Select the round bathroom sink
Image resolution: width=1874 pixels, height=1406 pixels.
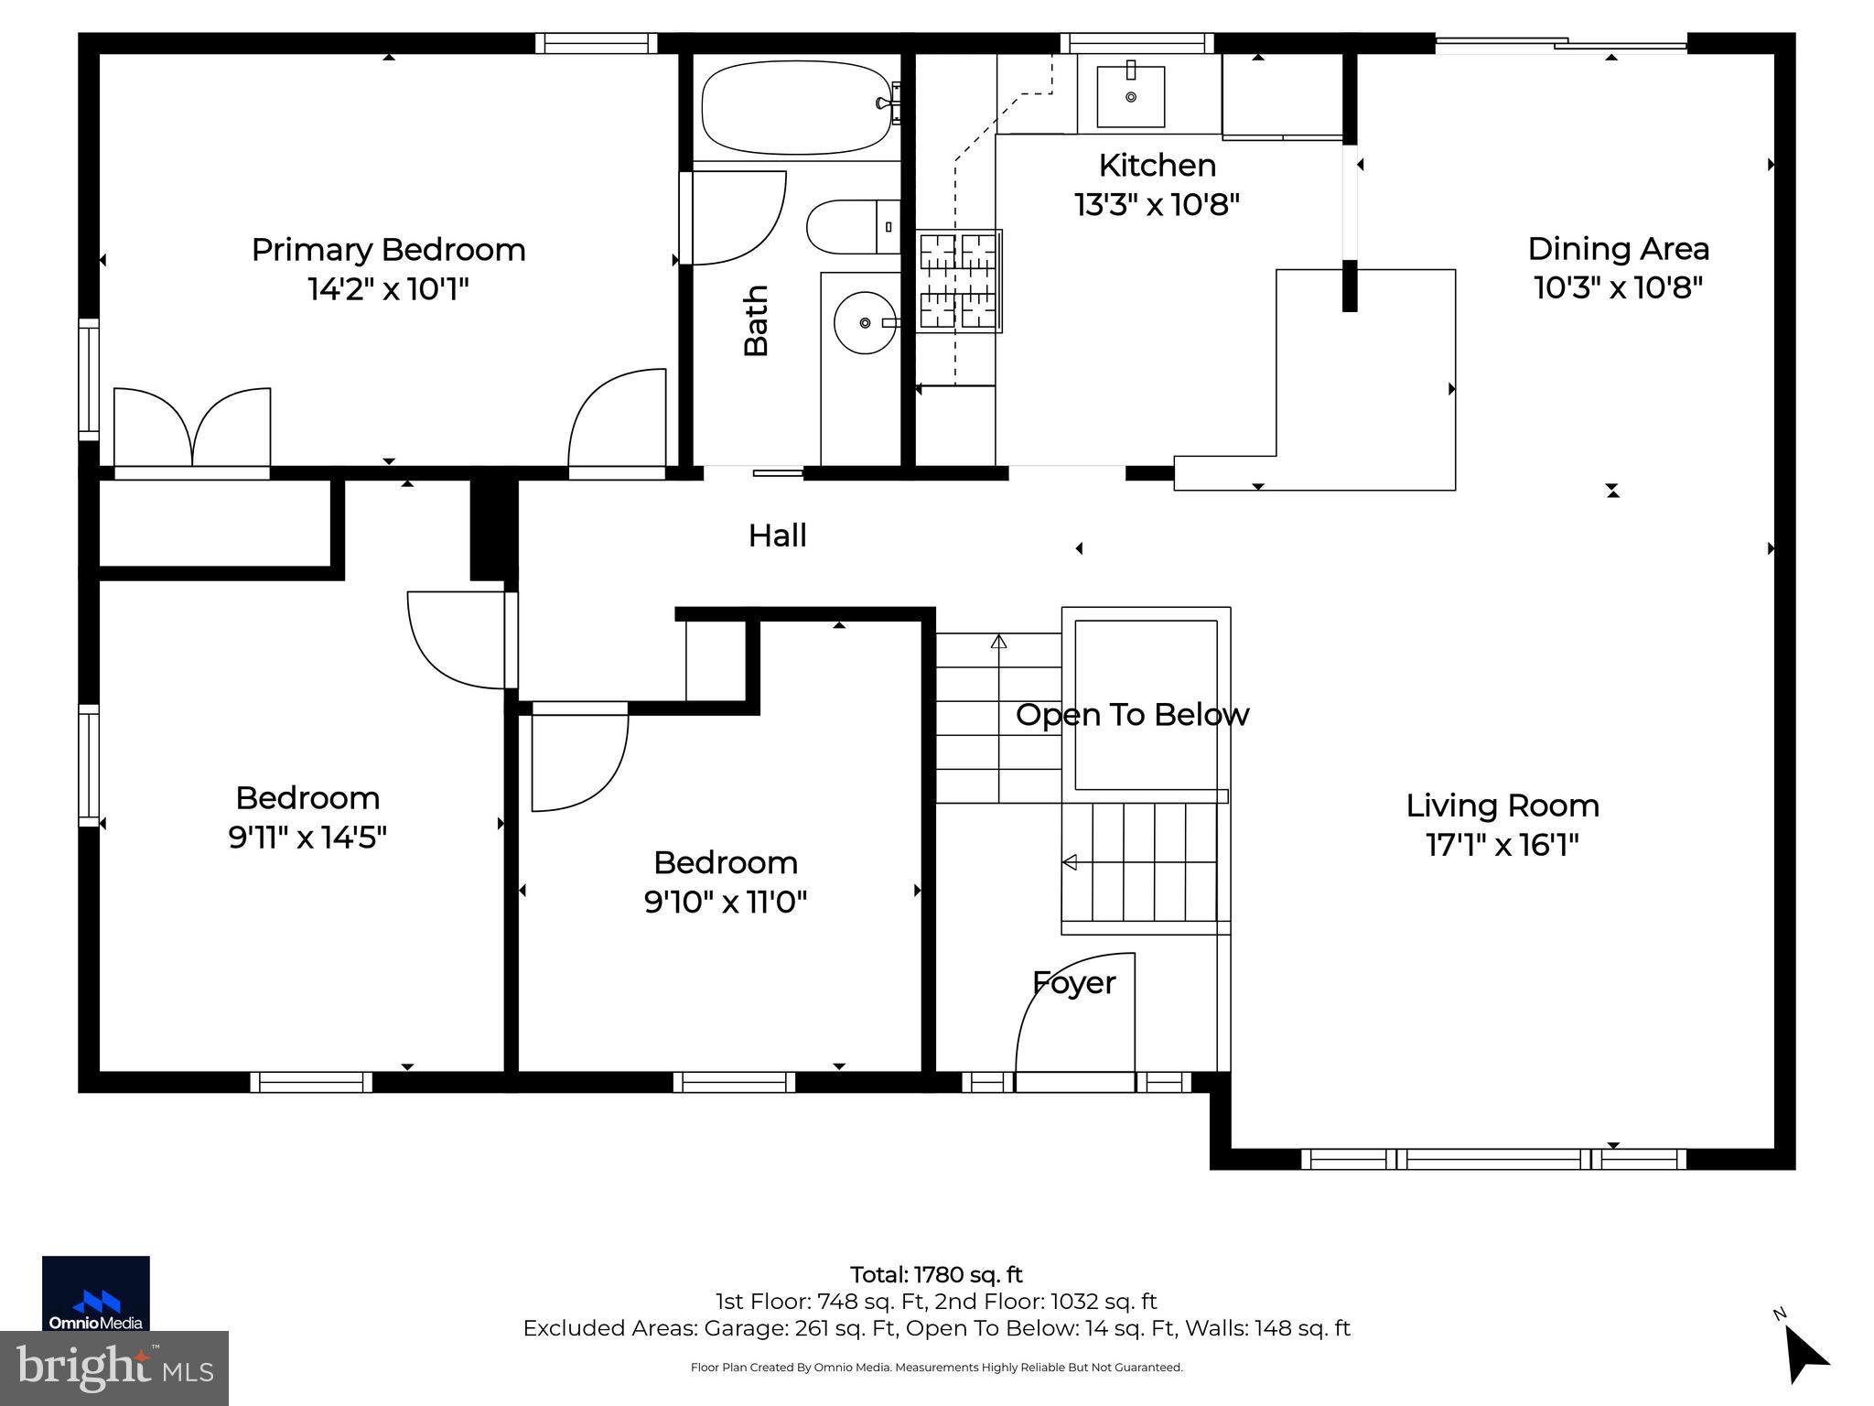865,322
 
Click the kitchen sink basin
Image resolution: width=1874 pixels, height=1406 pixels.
1131,96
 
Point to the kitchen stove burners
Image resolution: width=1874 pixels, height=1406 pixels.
958,280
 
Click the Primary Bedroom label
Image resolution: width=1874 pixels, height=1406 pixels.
389,249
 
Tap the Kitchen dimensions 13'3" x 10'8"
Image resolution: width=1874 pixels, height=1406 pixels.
1157,205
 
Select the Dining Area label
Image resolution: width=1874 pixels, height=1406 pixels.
1618,248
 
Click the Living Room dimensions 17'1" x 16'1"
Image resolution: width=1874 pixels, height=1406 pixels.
1502,844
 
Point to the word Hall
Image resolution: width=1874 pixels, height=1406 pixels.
778,535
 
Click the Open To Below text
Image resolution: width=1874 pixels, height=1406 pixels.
1132,714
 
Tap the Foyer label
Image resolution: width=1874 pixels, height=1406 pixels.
1074,983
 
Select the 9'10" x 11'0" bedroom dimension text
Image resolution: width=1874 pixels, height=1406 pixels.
726,903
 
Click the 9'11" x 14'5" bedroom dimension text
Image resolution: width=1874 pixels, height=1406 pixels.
307,837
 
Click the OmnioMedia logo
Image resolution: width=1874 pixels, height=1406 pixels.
96,1293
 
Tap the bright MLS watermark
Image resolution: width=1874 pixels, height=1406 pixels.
114,1368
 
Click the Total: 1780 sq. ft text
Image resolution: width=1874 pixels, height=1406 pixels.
936,1275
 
